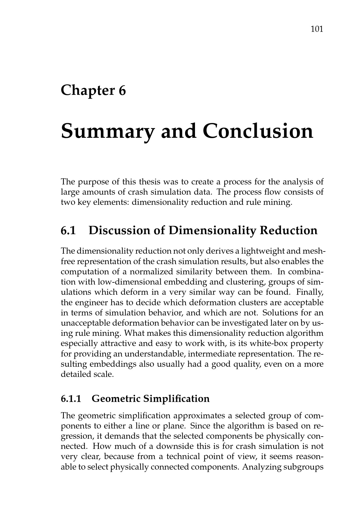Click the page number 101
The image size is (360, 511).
click(x=317, y=29)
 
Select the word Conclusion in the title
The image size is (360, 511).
click(x=258, y=131)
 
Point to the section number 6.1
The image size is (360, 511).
click(x=68, y=230)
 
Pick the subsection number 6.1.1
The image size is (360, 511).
click(x=71, y=399)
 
